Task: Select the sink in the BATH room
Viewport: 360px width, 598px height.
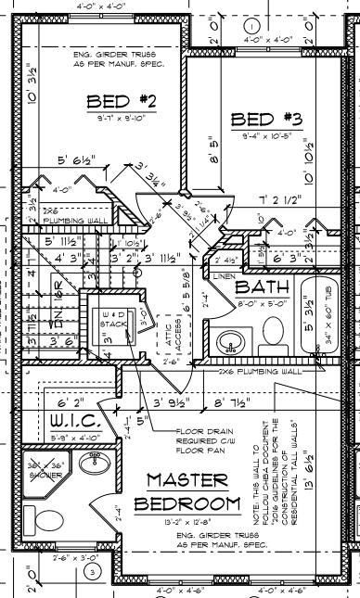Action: (x=229, y=343)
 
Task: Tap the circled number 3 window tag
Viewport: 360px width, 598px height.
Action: (x=91, y=572)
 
